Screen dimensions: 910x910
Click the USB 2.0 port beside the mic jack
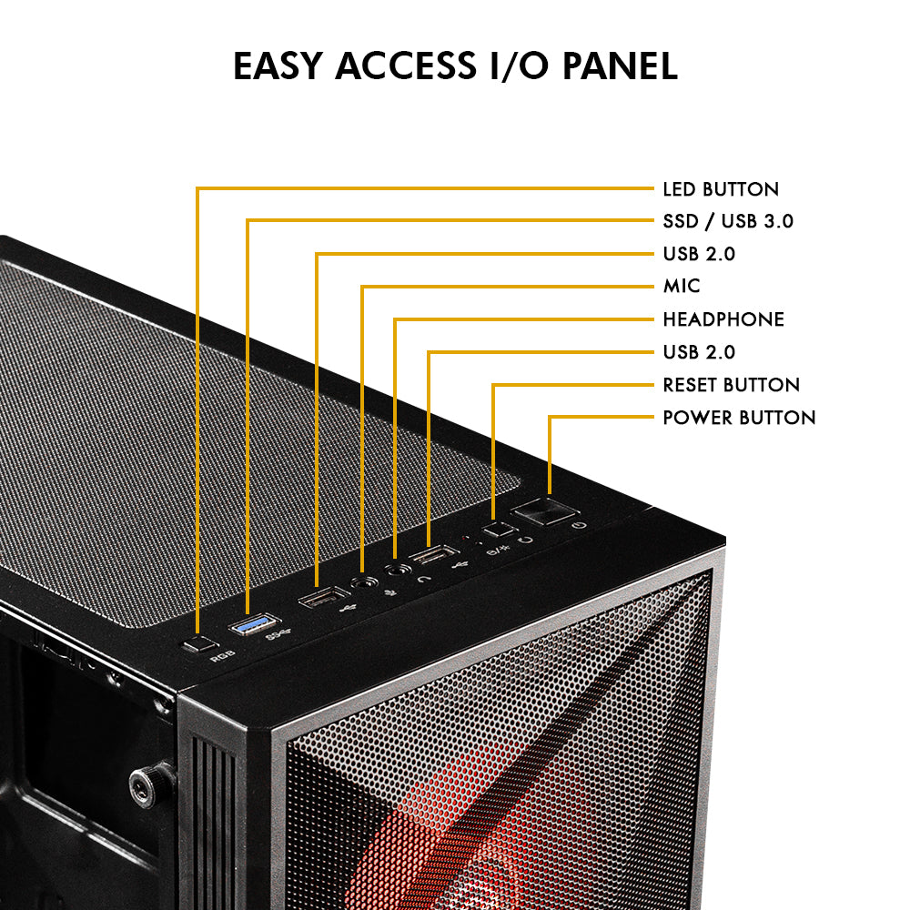coord(318,599)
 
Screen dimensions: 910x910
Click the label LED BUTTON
coord(720,189)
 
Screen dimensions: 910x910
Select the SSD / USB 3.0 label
coord(728,221)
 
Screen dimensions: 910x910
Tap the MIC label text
coord(682,287)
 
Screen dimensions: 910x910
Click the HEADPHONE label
coord(723,319)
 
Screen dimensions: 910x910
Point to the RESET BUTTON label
coord(731,385)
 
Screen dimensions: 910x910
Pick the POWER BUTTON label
coord(738,418)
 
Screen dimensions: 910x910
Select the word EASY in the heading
coord(278,66)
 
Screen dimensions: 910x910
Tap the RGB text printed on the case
coord(219,655)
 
